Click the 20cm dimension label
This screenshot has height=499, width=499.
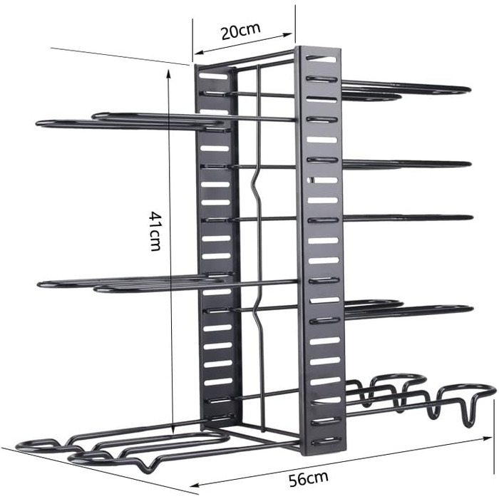point(240,32)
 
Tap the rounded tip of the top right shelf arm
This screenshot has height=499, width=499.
point(467,90)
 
